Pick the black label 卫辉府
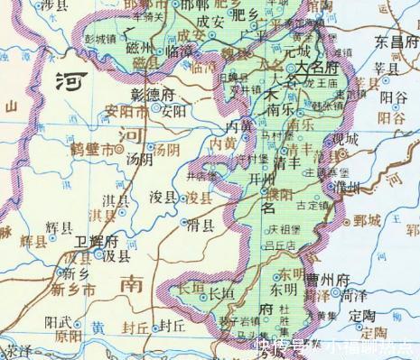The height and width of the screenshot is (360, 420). click(98, 242)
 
